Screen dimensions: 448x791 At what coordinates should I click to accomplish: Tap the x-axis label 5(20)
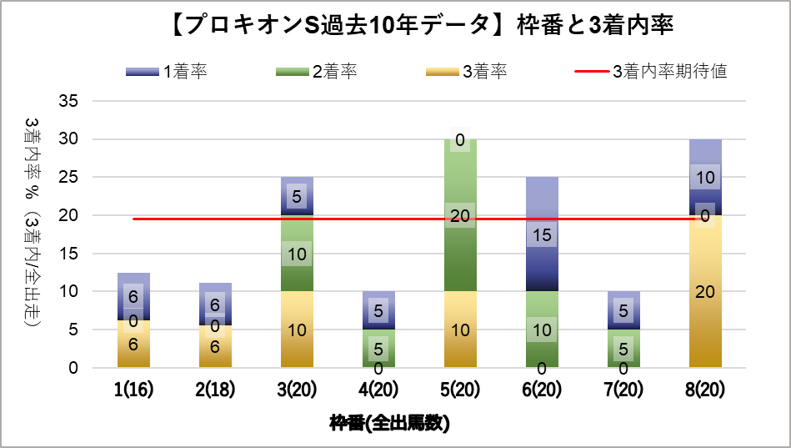[x=459, y=390]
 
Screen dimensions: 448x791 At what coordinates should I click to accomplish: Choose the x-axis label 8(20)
[x=705, y=390]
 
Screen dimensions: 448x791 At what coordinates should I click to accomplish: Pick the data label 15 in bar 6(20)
[x=542, y=235]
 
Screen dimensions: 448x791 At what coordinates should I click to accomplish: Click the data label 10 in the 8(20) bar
[x=705, y=177]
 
